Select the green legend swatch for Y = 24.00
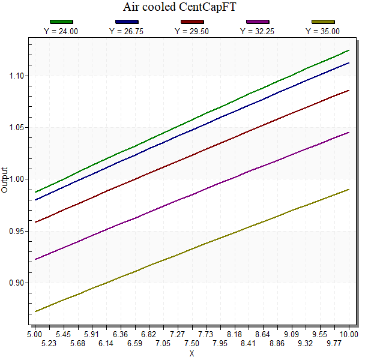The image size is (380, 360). [x=62, y=22]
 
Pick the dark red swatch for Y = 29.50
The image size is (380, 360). [x=192, y=22]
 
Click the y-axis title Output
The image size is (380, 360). [x=5, y=180]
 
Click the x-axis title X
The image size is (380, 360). [x=192, y=353]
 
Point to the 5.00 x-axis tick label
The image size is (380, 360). [x=35, y=334]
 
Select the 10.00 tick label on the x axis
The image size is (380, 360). [x=349, y=334]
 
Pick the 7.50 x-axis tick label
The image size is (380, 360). [x=192, y=343]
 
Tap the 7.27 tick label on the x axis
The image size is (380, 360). [x=177, y=334]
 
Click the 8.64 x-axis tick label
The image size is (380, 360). [x=264, y=334]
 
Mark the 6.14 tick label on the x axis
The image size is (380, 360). [x=106, y=343]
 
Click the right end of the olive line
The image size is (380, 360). [x=349, y=190]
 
